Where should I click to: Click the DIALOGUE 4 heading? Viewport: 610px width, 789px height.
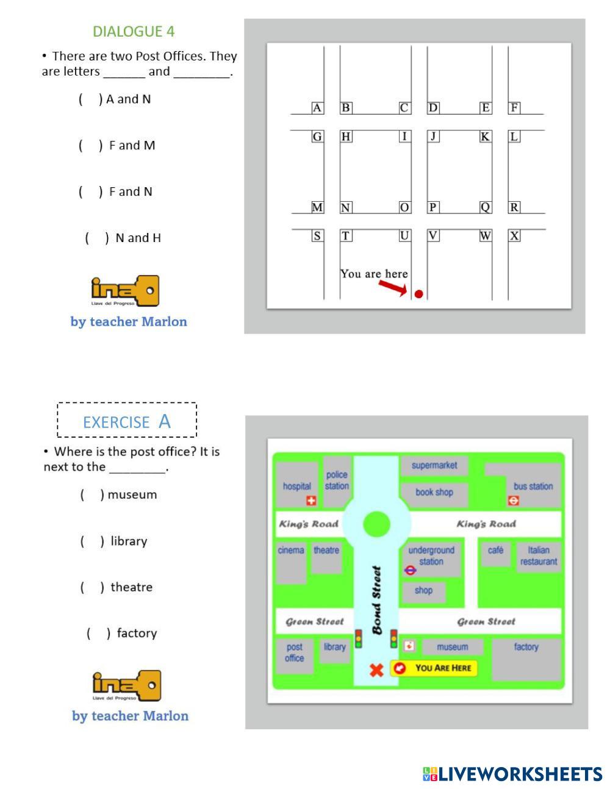click(x=134, y=31)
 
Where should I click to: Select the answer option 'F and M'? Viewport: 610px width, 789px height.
click(x=131, y=145)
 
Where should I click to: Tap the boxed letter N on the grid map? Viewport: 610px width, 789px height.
click(x=345, y=207)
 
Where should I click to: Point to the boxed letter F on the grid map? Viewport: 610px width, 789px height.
click(x=514, y=108)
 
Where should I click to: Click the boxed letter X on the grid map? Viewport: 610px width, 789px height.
click(x=514, y=236)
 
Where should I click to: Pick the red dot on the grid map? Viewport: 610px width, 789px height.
click(x=418, y=294)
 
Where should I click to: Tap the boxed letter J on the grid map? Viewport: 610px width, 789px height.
click(x=433, y=136)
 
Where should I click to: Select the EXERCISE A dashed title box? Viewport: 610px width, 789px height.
click(x=127, y=420)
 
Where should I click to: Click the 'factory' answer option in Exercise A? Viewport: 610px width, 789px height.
click(x=136, y=633)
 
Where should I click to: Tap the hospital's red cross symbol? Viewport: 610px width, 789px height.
click(x=311, y=501)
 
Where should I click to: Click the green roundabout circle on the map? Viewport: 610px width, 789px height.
click(x=376, y=524)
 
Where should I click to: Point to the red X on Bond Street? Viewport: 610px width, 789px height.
click(x=376, y=670)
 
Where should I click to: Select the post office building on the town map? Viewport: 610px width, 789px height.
click(x=295, y=654)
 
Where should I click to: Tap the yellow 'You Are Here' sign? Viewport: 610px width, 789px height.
click(x=434, y=668)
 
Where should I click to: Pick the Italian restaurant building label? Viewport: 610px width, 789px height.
click(x=538, y=555)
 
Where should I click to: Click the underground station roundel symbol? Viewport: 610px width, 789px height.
click(x=410, y=571)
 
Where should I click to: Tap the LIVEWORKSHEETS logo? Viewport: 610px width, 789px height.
click(x=512, y=774)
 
